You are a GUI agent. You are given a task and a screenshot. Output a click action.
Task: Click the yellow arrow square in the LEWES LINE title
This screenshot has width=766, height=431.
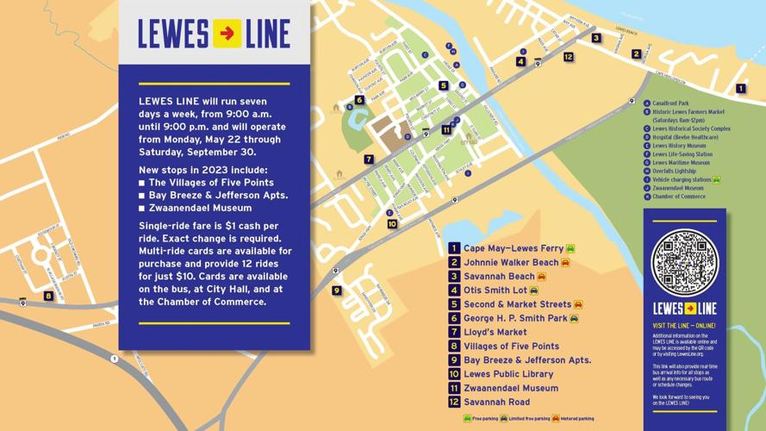(227, 34)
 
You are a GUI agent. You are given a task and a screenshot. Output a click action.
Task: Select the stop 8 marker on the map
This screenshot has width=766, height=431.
(48, 296)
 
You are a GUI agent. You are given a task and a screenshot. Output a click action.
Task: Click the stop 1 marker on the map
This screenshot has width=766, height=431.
(740, 88)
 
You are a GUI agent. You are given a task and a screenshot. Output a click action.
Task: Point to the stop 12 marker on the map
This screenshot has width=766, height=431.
(568, 57)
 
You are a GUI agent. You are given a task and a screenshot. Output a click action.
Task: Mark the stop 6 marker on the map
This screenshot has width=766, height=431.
(359, 100)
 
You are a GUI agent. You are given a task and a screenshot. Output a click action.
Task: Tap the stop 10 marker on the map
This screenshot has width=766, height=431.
(392, 224)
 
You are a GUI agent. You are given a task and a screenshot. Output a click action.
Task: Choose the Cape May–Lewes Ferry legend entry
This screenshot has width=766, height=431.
(513, 248)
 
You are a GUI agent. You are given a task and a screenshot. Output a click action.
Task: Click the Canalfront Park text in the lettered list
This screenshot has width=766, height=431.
(670, 103)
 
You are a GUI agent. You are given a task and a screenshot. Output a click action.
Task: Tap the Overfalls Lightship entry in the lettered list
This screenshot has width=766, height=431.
(674, 171)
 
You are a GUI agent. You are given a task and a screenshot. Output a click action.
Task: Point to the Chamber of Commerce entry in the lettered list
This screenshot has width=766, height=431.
(678, 197)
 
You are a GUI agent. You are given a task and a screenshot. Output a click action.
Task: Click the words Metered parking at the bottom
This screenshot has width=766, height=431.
(577, 419)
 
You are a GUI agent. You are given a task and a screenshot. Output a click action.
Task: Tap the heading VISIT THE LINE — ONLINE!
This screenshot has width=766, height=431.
(683, 326)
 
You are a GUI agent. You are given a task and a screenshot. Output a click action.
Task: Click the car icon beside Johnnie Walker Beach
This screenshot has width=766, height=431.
(565, 263)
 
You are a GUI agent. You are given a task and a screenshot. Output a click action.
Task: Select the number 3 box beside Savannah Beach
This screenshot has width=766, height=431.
(454, 277)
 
